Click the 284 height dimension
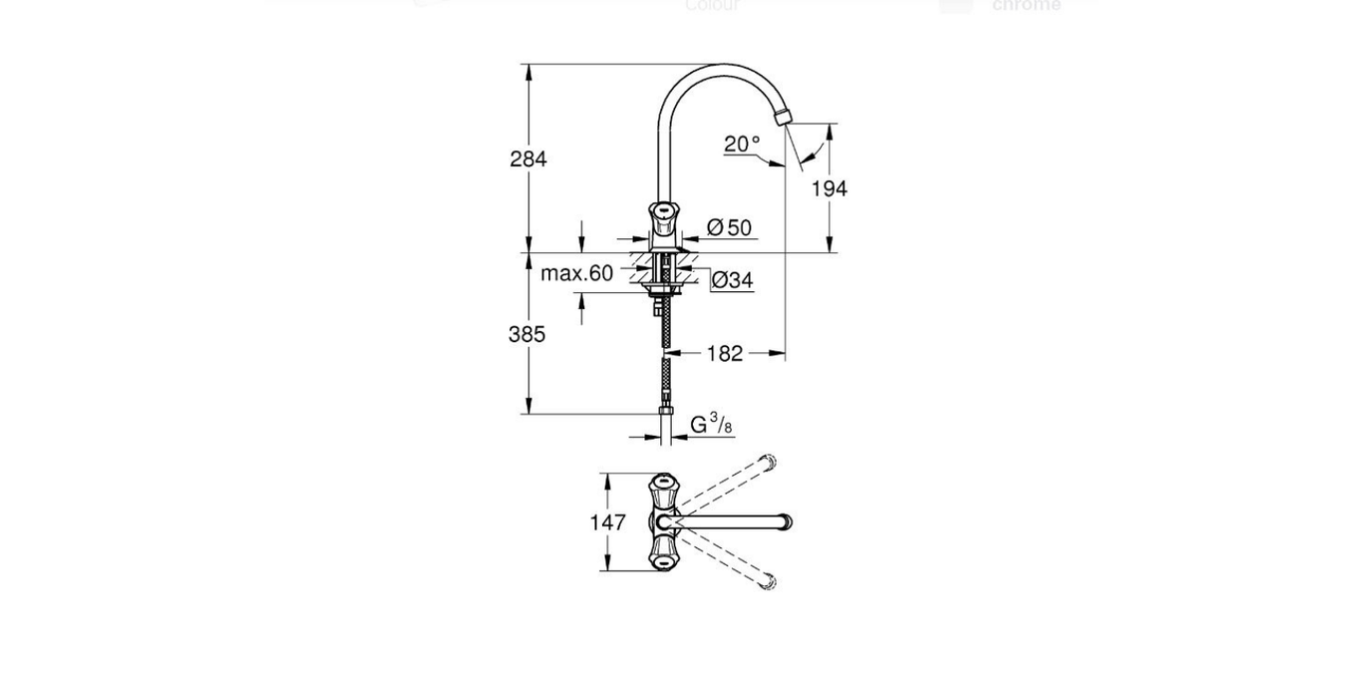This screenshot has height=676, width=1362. tap(527, 159)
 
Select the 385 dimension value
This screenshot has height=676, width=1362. tap(526, 334)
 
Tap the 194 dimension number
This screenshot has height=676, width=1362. tap(829, 188)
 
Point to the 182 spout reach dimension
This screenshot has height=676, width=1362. tap(725, 353)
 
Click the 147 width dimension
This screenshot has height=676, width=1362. tap(607, 522)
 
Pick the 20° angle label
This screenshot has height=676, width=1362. tap(742, 145)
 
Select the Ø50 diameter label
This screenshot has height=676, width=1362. tap(730, 228)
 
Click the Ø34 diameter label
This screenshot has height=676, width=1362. tap(733, 281)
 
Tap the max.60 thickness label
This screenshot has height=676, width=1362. tap(576, 273)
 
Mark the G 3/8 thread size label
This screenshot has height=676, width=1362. tap(712, 426)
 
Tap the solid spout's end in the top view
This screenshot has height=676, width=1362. tap(785, 521)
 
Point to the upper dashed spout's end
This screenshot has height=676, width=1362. tap(768, 463)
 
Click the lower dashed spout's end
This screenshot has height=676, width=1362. tap(768, 580)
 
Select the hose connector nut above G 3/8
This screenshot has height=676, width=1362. tap(665, 411)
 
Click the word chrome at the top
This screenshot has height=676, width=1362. tap(1026, 6)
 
